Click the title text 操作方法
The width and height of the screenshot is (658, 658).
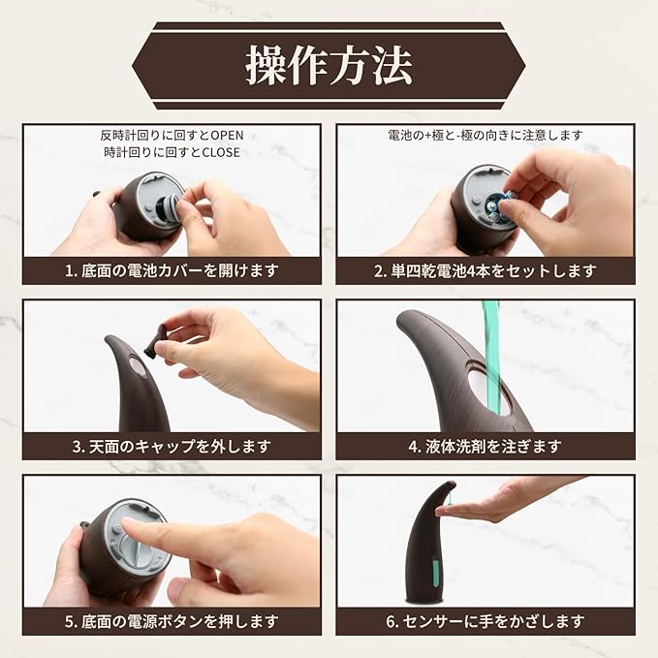tap(329, 66)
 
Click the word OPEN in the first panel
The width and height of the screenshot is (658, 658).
tap(227, 135)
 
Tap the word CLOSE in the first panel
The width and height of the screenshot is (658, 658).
tap(221, 152)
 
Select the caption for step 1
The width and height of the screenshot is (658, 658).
tap(172, 270)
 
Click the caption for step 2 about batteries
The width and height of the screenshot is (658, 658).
tap(486, 270)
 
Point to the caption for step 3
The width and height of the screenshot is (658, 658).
tap(172, 446)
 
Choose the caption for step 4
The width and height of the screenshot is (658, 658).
tap(486, 446)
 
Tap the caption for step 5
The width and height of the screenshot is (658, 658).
tap(172, 621)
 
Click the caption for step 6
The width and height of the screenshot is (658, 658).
tap(486, 621)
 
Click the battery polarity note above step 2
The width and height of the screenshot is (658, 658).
tap(486, 135)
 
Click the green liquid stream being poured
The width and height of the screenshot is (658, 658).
tap(492, 357)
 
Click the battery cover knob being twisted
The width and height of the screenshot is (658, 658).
tap(169, 203)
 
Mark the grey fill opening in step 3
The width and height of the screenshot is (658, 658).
tap(137, 366)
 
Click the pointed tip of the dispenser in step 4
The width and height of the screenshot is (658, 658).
tap(401, 316)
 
